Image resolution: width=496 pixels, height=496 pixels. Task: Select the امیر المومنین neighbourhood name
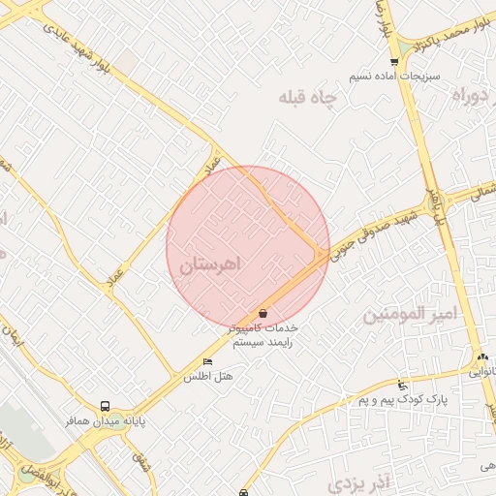[408, 315]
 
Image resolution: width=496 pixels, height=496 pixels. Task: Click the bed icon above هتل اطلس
[207, 361]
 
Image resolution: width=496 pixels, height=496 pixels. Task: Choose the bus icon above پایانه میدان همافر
[105, 406]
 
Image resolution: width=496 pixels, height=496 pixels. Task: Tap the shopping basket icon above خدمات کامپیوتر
[263, 313]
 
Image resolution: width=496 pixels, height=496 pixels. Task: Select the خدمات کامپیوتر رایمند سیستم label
[263, 335]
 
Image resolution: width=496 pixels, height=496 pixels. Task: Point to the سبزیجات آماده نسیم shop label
[407, 76]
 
